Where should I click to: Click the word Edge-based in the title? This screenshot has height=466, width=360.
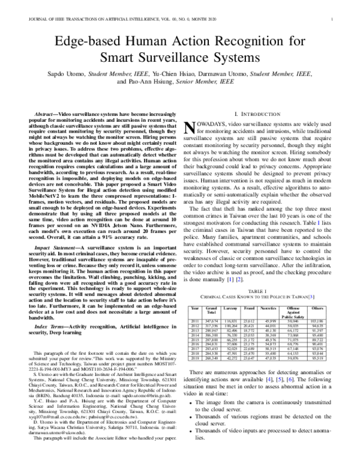[88, 43]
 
